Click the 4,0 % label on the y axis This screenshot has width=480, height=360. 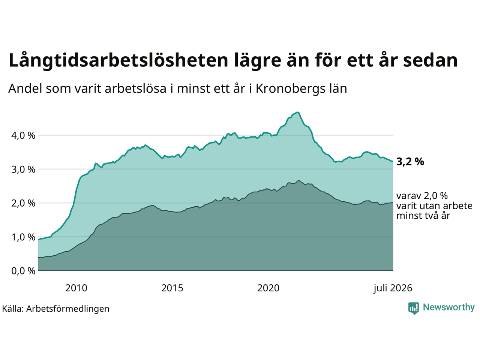pyautogui.click(x=23, y=136)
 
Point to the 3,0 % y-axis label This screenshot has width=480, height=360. pyautogui.click(x=23, y=169)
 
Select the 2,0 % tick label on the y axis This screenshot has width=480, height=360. pyautogui.click(x=23, y=204)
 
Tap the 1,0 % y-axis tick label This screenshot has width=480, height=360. pyautogui.click(x=23, y=237)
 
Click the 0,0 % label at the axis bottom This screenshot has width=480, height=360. pyautogui.click(x=23, y=271)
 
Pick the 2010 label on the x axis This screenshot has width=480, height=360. pyautogui.click(x=76, y=288)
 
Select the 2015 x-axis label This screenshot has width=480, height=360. pyautogui.click(x=172, y=288)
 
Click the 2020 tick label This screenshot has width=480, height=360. pyautogui.click(x=268, y=288)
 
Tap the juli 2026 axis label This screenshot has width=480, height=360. pyautogui.click(x=393, y=288)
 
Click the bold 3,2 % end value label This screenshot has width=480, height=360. pyautogui.click(x=410, y=162)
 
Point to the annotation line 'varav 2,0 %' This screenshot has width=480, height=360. pyautogui.click(x=422, y=196)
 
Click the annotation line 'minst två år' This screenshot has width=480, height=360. pyautogui.click(x=423, y=216)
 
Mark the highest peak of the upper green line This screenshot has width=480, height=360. pyautogui.click(x=297, y=112)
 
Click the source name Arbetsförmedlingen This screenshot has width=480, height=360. pyautogui.click(x=67, y=309)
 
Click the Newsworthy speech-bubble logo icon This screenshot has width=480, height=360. pyautogui.click(x=414, y=308)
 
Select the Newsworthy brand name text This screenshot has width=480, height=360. pyautogui.click(x=449, y=307)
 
